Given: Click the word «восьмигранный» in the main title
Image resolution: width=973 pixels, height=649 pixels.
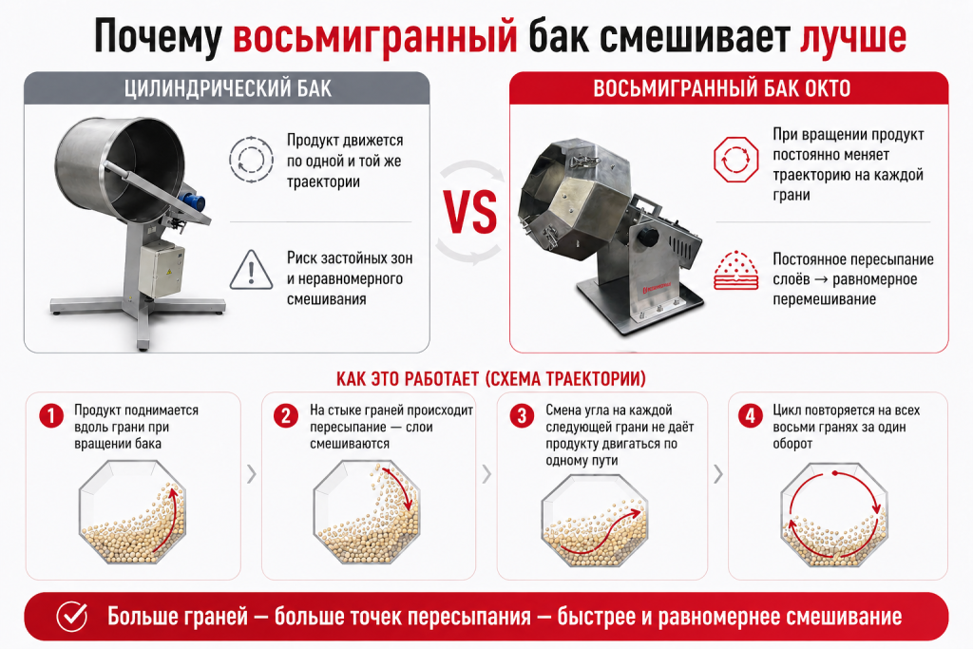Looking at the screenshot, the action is [374, 37].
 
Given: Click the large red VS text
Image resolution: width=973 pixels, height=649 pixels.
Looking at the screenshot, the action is [470, 212].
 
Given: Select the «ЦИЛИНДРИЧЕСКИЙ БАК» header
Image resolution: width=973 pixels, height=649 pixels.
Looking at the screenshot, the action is [227, 88].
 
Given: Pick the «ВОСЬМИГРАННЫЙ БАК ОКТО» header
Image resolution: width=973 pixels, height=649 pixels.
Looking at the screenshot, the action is [722, 88].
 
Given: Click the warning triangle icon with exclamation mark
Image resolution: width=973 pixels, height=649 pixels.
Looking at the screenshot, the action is [251, 270].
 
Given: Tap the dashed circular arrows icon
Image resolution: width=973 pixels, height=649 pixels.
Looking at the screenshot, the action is [251, 160].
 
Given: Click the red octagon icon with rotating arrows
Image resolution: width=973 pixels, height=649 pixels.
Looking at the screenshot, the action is [736, 160].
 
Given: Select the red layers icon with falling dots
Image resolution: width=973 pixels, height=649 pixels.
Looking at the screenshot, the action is [736, 271].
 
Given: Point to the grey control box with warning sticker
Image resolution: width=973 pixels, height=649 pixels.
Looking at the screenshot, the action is [162, 269].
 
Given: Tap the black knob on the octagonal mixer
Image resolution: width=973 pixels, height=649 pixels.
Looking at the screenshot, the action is [648, 237].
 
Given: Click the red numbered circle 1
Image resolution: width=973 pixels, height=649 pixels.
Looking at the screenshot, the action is [51, 415].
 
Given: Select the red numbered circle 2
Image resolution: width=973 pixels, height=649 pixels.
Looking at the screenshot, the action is [286, 415].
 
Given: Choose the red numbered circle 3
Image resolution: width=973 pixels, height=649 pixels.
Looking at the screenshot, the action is [522, 415].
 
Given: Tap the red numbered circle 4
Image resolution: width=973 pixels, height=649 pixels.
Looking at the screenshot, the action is [751, 415].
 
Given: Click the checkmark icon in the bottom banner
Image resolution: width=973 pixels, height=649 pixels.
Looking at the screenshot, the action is [72, 616].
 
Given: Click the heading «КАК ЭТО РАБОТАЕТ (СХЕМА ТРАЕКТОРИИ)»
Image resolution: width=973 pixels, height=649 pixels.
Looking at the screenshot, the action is [491, 378].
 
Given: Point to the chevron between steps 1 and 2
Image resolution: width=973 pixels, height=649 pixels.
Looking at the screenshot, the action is [251, 474].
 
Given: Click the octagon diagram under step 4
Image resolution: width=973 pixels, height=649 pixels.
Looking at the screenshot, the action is [834, 515].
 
